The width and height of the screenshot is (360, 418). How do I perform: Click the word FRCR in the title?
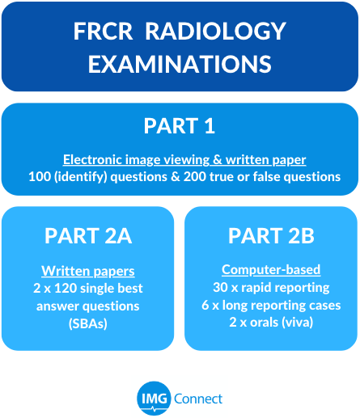click(103, 32)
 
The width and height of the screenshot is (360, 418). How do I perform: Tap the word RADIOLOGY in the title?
click(215, 32)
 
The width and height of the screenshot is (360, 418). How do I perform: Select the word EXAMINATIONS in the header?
click(180, 64)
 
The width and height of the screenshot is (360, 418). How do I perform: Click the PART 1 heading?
click(180, 126)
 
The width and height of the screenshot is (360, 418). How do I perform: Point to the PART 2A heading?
click(88, 236)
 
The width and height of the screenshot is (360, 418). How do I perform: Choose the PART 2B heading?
click(271, 236)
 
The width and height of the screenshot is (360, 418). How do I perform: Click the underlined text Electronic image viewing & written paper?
click(184, 160)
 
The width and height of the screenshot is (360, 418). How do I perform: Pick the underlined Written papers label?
click(88, 271)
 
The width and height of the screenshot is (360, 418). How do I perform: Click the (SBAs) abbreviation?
click(88, 323)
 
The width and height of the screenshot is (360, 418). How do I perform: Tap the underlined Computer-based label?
click(271, 270)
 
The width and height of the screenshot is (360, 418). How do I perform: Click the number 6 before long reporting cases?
click(205, 305)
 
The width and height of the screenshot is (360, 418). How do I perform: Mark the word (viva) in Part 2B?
click(298, 323)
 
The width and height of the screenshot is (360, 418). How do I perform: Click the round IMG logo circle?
click(154, 399)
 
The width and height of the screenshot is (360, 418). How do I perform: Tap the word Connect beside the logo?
click(198, 399)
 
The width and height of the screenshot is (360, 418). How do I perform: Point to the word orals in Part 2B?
click(265, 323)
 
